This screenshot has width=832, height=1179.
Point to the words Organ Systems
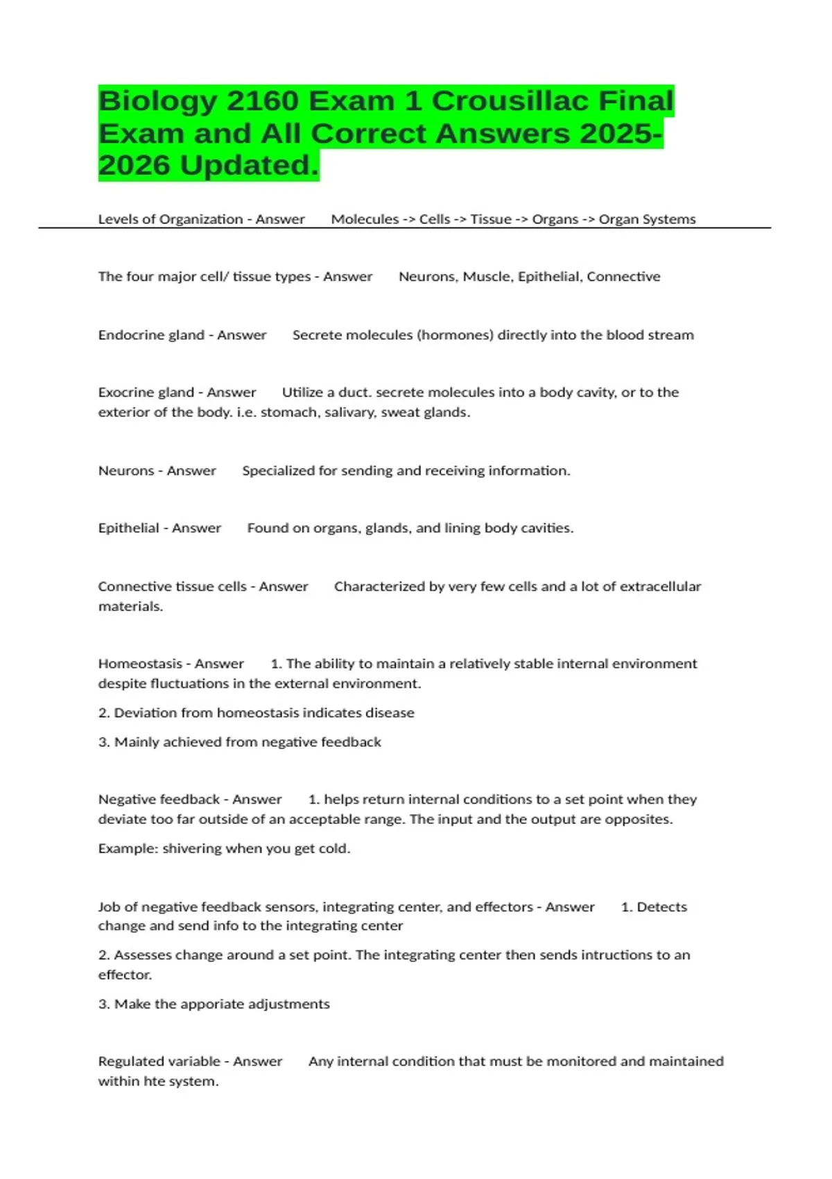(x=647, y=219)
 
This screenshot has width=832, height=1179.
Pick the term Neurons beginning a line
(x=125, y=471)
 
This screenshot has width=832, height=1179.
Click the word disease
(x=389, y=713)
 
